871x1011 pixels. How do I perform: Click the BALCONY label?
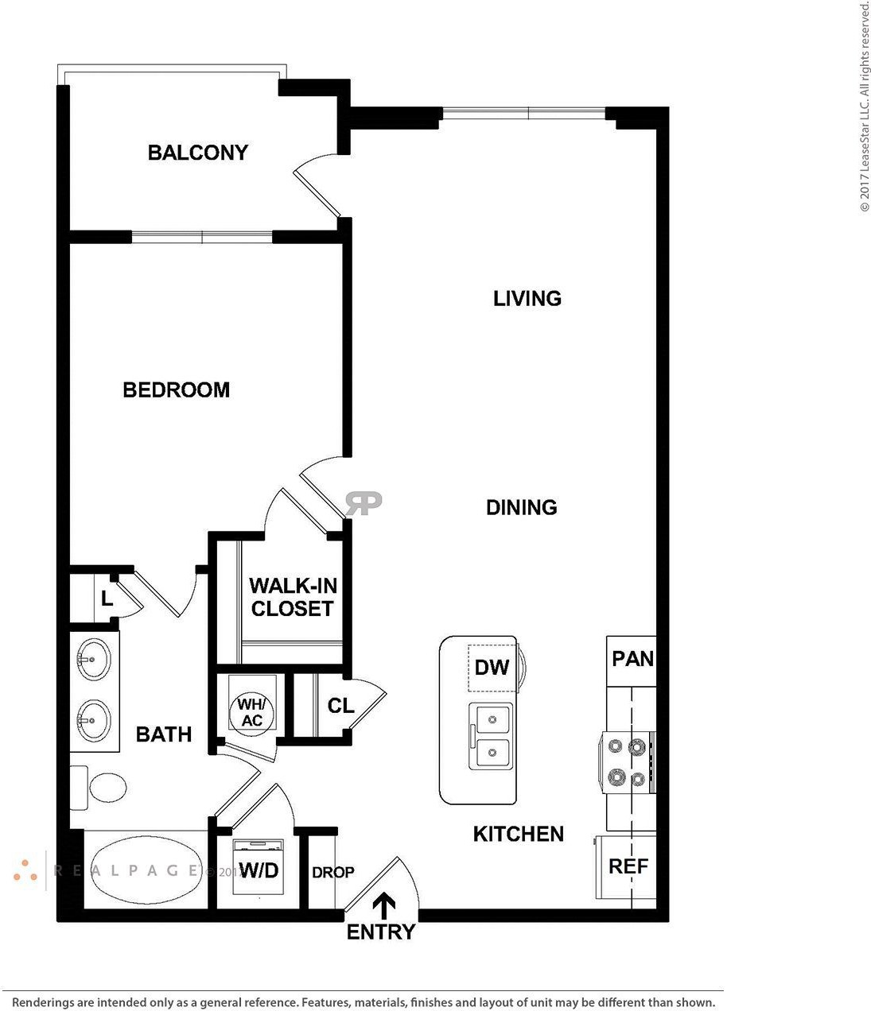(198, 153)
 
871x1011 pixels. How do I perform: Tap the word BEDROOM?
(177, 389)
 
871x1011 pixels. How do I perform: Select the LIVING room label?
(527, 298)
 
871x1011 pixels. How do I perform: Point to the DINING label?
(522, 507)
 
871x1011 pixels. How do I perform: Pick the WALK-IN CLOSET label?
(293, 597)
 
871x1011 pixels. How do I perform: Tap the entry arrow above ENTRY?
(384, 906)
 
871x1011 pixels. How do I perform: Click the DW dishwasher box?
(492, 668)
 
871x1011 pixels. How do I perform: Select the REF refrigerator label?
(628, 866)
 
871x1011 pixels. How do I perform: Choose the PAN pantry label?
(632, 659)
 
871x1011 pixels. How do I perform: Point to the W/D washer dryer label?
(259, 870)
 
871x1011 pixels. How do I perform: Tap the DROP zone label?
(333, 872)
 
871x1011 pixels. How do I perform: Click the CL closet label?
(340, 706)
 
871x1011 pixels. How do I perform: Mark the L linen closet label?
(107, 598)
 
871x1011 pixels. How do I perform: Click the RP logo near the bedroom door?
(364, 503)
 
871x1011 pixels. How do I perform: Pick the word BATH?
(164, 734)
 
